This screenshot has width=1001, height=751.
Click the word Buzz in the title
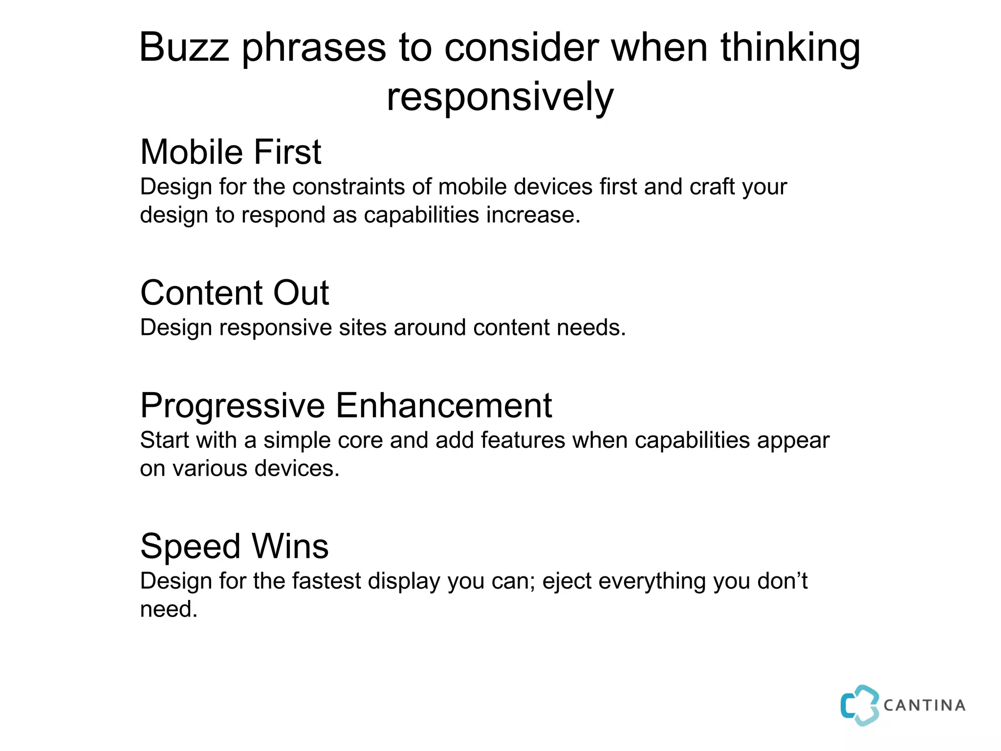click(x=184, y=47)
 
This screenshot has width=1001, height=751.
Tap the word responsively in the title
click(x=500, y=97)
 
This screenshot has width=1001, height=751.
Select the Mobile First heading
click(x=230, y=152)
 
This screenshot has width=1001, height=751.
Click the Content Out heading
click(x=234, y=293)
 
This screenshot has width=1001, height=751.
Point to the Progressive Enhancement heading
click(x=346, y=405)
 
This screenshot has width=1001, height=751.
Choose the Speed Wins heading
click(x=234, y=546)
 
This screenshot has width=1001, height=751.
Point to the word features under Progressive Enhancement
click(x=523, y=440)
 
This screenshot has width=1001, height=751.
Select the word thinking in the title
click(x=790, y=48)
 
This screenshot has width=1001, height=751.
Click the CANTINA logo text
click(x=924, y=706)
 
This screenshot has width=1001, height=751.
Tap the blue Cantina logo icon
click(x=859, y=705)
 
